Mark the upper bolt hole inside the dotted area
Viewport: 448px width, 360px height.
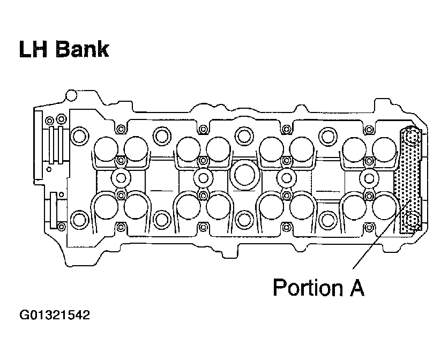(x=412, y=139)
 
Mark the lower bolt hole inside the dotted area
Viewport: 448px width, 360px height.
(x=412, y=220)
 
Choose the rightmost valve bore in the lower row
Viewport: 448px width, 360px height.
(x=385, y=206)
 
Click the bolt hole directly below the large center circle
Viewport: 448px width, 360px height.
(x=244, y=219)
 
